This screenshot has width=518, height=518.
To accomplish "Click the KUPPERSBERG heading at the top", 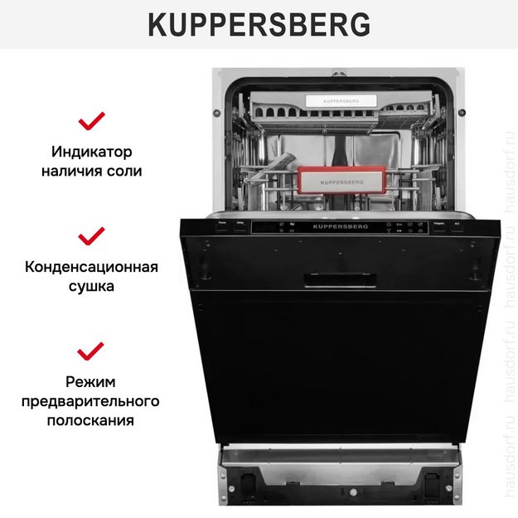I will coord(259,26).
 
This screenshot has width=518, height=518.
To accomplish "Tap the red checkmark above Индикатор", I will coord(91,122).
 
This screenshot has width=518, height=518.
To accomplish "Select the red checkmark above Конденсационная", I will coord(91,236).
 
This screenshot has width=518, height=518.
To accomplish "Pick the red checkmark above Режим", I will coord(91,351).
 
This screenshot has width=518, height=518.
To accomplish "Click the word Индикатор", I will coord(91,153).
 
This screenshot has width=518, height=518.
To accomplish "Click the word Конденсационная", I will coord(91,268).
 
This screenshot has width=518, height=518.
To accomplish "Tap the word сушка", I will coord(91,286).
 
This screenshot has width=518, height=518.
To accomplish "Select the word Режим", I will coord(91,382).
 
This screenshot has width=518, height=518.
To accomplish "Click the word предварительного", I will coord(91,401).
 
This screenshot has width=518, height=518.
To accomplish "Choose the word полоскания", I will coord(91,420).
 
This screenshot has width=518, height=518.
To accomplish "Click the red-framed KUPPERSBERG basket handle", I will coord(341,179).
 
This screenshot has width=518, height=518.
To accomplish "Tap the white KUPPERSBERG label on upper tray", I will coord(340,100).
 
